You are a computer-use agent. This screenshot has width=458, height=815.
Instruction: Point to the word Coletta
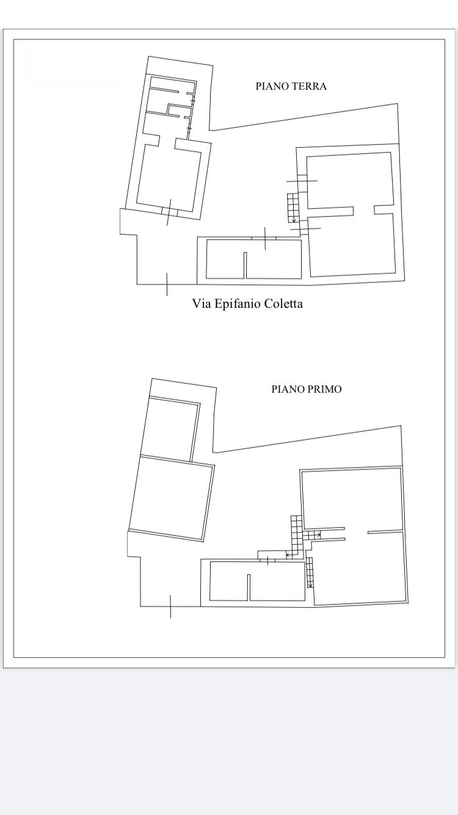pos(283,304)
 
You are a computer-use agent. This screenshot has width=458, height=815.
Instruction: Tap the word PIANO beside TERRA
pos(269,86)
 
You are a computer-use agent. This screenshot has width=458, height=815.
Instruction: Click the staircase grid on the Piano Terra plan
pos(293,208)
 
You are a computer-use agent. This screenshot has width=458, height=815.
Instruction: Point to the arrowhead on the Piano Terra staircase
pos(294,221)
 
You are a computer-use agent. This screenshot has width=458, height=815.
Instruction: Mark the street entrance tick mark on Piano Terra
pos(167,285)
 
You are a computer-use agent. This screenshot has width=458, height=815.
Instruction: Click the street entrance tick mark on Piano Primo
pos(170,607)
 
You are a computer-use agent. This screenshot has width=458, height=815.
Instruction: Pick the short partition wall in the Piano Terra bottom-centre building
pos(245,265)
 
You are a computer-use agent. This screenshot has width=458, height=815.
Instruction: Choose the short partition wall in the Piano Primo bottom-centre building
pos(249,587)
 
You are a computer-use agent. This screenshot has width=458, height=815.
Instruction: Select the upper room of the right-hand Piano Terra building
pos(349,180)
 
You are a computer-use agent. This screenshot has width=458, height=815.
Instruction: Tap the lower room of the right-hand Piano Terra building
pos(352,246)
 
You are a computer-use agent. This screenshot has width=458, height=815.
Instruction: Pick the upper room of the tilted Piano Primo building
pos(170,429)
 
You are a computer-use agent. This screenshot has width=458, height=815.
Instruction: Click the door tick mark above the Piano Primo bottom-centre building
pos(267,561)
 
